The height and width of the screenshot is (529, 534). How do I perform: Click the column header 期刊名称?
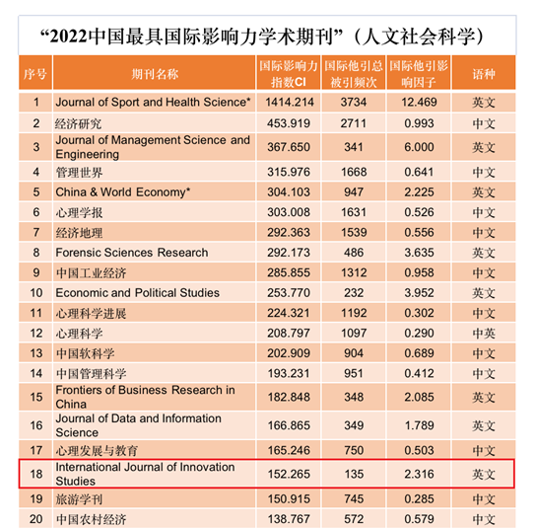click(155, 74)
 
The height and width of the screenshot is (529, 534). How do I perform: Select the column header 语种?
click(483, 74)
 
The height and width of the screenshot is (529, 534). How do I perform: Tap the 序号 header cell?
click(35, 74)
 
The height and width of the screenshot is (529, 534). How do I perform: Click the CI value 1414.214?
click(289, 102)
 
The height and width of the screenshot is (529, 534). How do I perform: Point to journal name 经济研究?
click(79, 123)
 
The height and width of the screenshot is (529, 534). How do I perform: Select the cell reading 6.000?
click(419, 147)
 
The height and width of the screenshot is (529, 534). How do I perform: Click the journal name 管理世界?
click(79, 173)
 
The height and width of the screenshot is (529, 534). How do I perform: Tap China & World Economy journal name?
click(123, 192)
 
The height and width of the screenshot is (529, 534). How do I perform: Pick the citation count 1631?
click(354, 212)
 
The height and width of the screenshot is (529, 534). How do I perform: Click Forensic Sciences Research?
click(132, 253)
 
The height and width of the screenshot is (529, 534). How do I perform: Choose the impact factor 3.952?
click(419, 293)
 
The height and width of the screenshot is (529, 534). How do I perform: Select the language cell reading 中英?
click(483, 334)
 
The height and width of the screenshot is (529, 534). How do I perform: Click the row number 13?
click(36, 353)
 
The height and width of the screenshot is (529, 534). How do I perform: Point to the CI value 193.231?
click(289, 373)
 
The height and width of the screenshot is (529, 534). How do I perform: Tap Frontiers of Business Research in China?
click(145, 397)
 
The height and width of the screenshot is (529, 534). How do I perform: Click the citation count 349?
click(354, 425)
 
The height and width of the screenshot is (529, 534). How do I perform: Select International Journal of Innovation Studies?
click(145, 474)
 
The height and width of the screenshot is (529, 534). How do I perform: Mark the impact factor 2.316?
click(419, 474)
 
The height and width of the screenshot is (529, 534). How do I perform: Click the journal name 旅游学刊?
click(79, 499)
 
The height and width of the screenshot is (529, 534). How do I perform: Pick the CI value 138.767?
click(289, 519)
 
